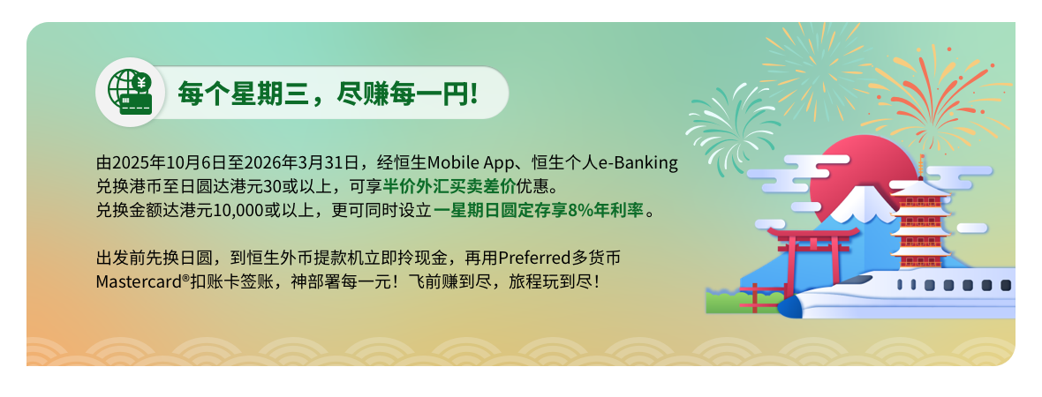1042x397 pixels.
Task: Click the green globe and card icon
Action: (131, 93)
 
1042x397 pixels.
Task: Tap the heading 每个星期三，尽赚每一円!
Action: (328, 94)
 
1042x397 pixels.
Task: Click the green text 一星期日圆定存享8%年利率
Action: (540, 211)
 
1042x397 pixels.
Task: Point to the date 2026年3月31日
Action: (310, 162)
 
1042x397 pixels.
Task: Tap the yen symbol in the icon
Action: (141, 83)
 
